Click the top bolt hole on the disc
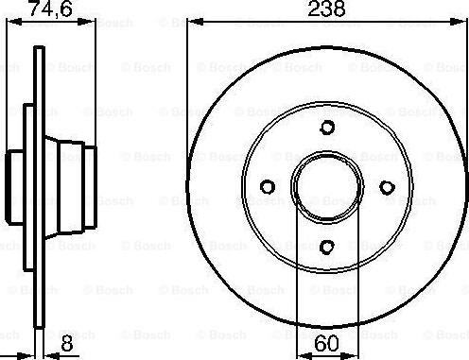[326, 129]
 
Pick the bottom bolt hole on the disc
[326, 248]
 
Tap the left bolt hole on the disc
[267, 187]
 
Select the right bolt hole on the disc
[386, 187]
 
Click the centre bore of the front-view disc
[326, 187]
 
